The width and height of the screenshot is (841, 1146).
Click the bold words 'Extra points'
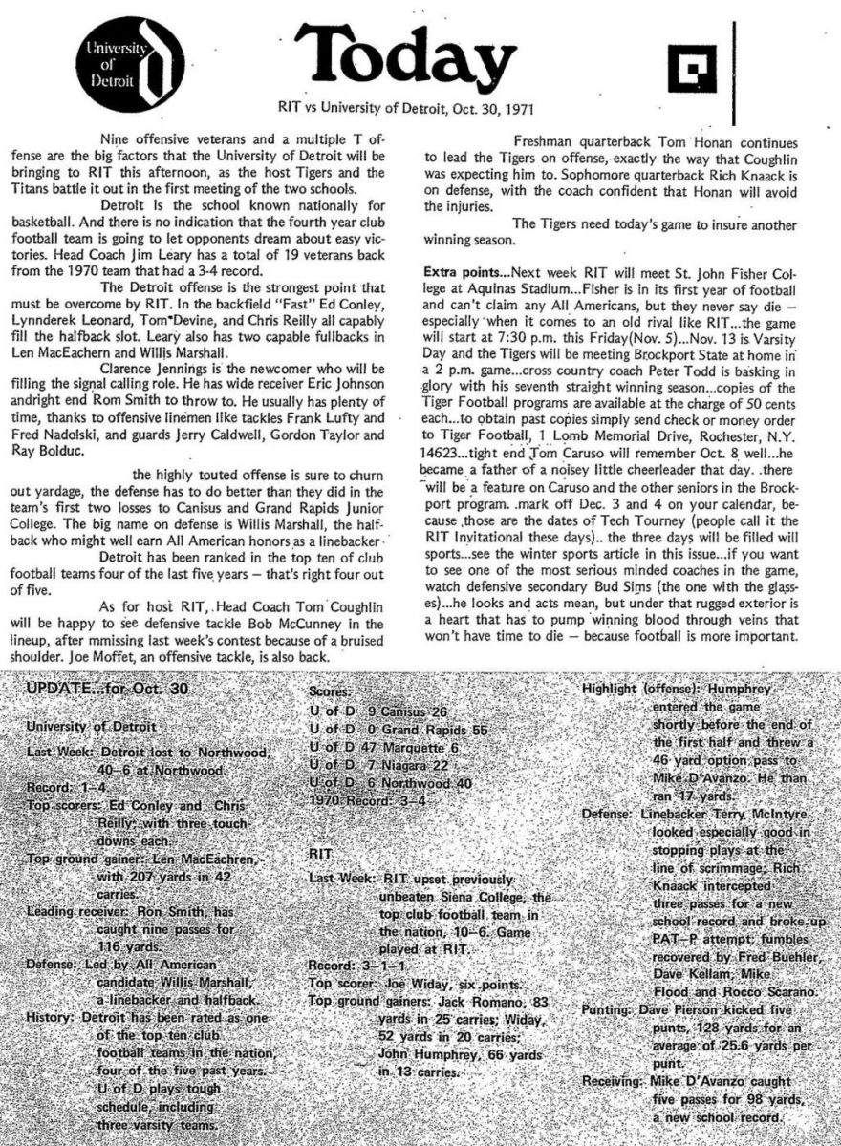click(x=463, y=260)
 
